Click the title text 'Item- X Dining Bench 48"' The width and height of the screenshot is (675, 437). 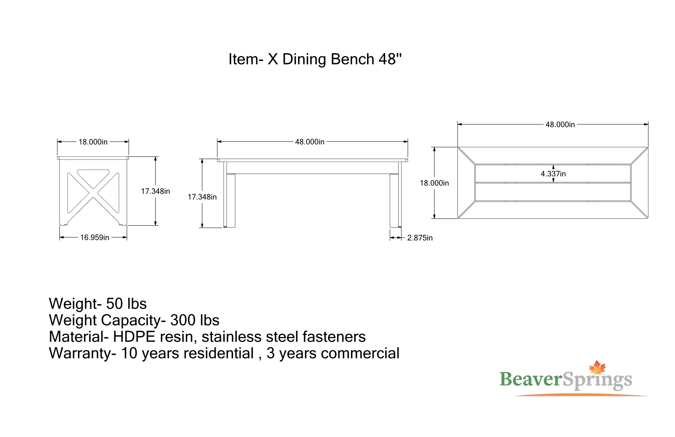click(315, 59)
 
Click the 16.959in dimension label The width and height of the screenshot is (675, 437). click(94, 238)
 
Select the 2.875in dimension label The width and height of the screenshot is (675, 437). click(420, 238)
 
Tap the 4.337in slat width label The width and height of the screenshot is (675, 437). click(553, 174)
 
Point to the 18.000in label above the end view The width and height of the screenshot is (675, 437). click(93, 142)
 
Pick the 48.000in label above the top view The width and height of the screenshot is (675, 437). click(560, 125)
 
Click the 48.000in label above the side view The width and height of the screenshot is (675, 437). click(310, 142)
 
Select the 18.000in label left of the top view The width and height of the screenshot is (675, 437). click(434, 183)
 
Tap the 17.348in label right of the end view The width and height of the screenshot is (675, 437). click(155, 191)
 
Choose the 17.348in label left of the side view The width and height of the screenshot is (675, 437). click(202, 197)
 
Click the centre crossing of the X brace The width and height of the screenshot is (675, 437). click(93, 192)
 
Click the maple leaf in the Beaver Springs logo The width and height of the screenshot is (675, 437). click(597, 367)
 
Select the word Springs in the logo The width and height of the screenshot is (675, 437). click(597, 381)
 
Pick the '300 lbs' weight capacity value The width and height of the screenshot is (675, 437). click(195, 320)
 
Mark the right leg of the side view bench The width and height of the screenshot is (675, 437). click(395, 200)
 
